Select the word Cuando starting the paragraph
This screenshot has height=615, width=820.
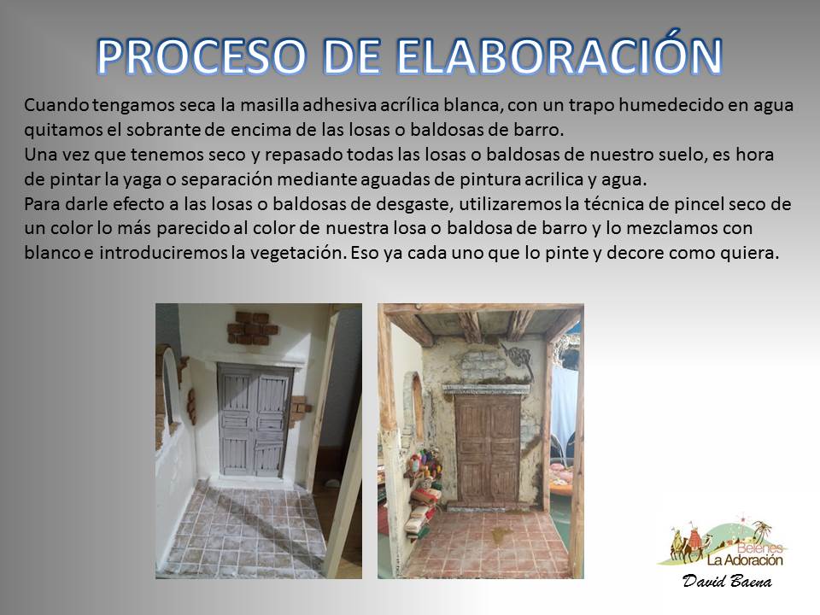click(57, 105)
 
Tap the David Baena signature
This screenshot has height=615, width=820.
click(727, 581)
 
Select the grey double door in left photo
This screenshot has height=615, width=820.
click(255, 421)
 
